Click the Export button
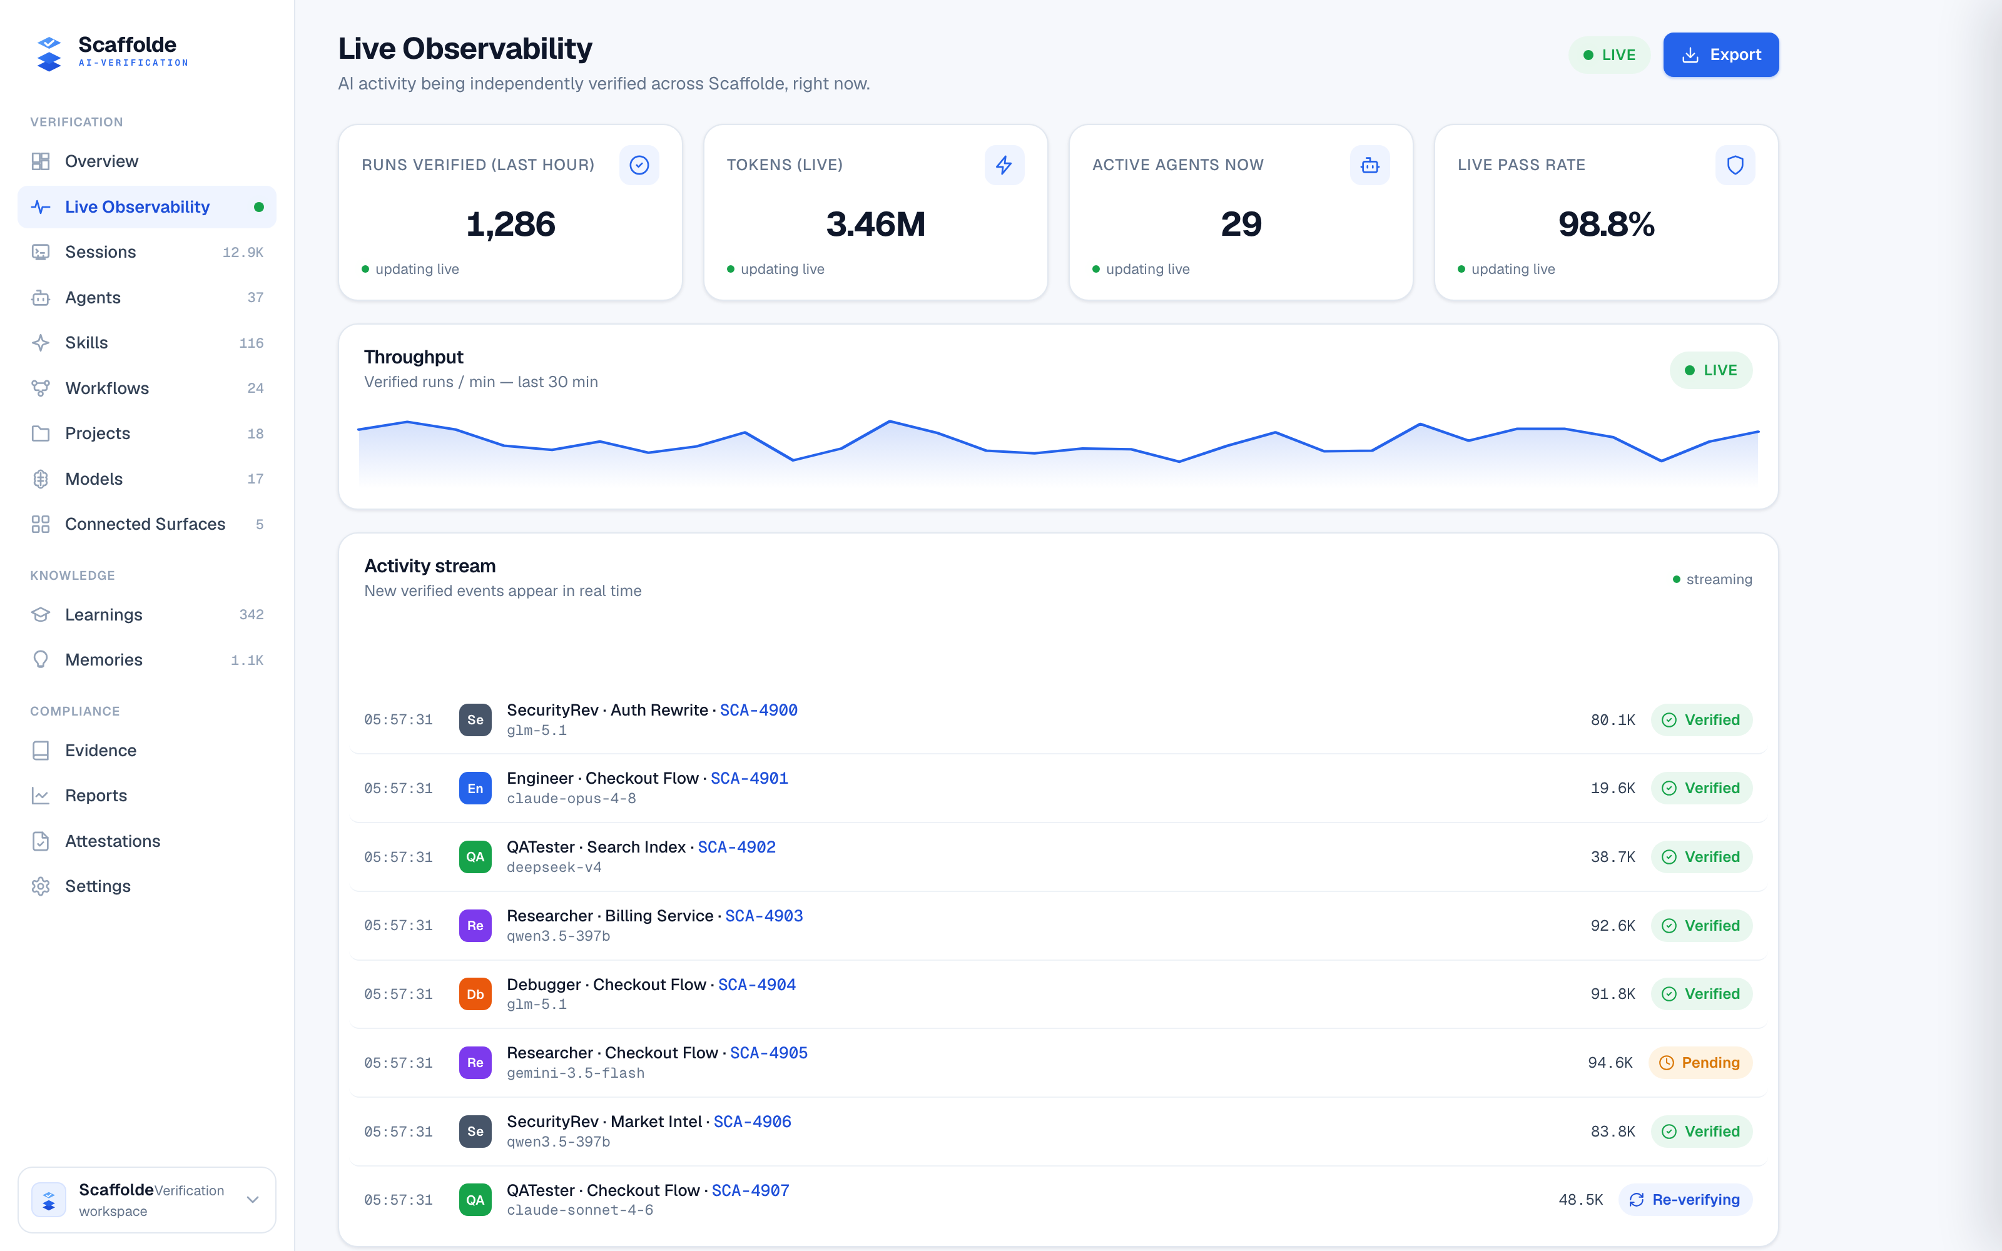click(1720, 54)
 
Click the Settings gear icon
click(41, 886)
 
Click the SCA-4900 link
click(759, 710)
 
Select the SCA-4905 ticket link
click(768, 1053)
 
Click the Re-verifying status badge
click(1685, 1200)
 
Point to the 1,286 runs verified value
click(511, 224)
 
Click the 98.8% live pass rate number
click(1606, 224)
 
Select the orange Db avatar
click(475, 994)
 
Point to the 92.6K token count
click(1612, 925)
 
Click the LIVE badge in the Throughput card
click(1711, 370)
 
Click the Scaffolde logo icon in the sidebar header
click(49, 54)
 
